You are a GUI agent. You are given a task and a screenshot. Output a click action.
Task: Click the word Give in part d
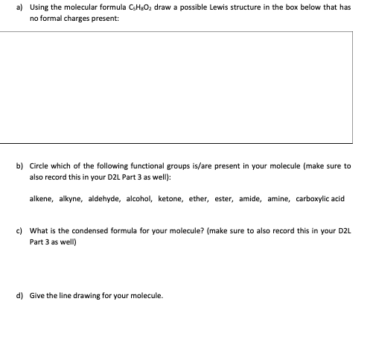pos(37,295)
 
